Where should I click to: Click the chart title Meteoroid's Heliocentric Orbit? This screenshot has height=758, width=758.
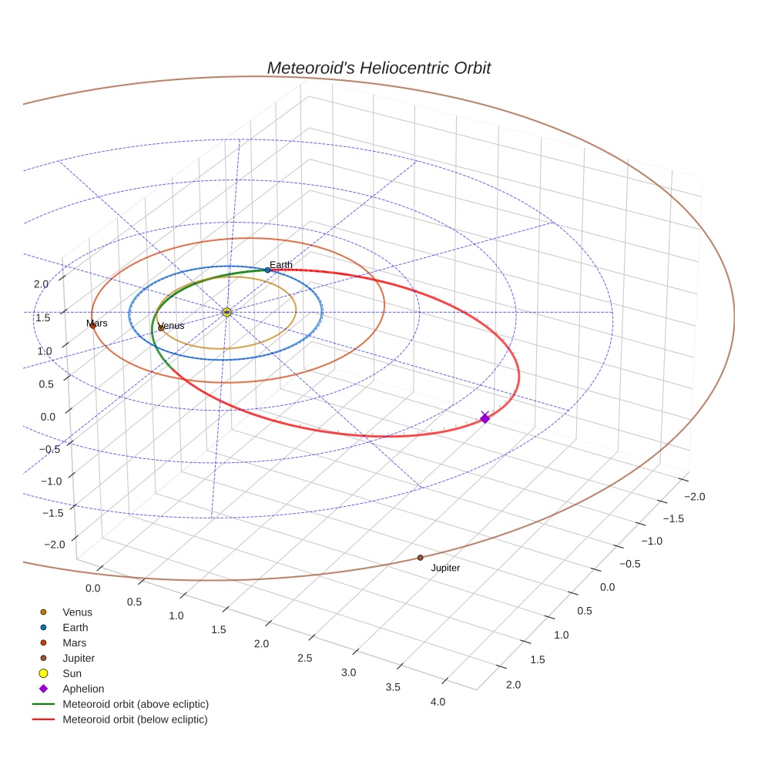point(378,68)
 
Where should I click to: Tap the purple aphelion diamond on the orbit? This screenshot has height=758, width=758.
point(485,418)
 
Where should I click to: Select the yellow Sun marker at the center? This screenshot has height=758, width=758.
point(226,312)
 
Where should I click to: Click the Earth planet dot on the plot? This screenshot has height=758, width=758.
point(267,270)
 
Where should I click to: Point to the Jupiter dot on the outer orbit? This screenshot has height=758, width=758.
point(420,557)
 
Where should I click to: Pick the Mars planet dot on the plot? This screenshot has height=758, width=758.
point(92,326)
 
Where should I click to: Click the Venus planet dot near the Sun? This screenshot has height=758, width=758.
point(160,327)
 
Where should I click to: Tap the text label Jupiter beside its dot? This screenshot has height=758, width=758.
point(445,568)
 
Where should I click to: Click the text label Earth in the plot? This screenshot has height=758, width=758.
point(281,265)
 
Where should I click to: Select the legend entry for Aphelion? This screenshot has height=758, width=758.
point(83,689)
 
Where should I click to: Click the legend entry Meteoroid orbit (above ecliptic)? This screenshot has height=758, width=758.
point(136,704)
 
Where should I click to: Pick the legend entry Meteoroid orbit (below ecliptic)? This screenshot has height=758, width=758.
point(136,719)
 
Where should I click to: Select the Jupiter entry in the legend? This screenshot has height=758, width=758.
point(79,658)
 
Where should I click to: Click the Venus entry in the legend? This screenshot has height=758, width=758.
point(77,612)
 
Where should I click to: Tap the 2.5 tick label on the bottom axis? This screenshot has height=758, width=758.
point(304,657)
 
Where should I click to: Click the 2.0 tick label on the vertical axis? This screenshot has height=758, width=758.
point(42,283)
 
